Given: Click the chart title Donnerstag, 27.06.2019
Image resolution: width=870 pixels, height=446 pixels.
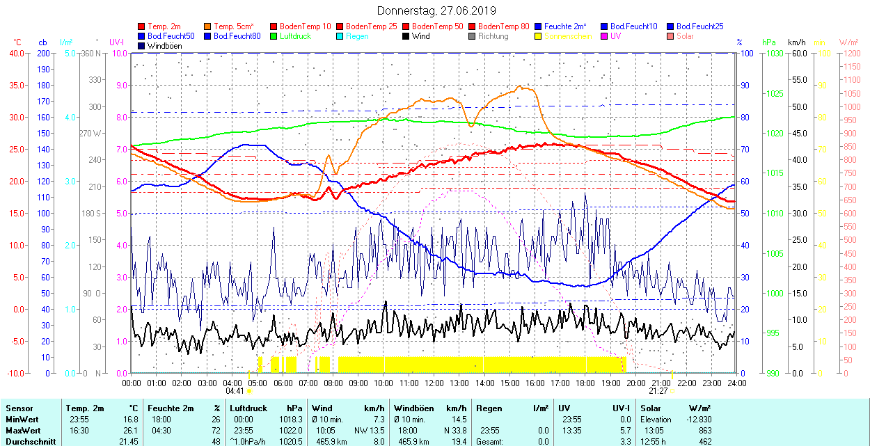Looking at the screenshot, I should [x=436, y=10].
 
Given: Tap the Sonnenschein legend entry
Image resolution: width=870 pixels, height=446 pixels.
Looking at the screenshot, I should [x=568, y=36].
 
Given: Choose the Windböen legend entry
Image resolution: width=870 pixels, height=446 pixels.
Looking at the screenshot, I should [x=166, y=46].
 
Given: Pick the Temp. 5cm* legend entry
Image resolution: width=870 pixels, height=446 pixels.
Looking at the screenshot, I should [x=233, y=26].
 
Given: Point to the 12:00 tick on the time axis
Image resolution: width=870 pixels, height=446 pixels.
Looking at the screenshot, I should [x=434, y=383].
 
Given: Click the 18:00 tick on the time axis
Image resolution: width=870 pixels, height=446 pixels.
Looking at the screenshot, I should [x=585, y=383].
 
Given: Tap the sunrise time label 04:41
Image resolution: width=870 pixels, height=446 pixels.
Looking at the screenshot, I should [x=235, y=392].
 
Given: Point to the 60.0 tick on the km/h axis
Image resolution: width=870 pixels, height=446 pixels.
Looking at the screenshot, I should [x=798, y=54].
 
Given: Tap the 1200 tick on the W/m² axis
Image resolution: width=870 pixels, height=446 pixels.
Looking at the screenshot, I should [x=851, y=54].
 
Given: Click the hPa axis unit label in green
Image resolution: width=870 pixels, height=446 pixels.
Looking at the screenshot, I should [x=769, y=42].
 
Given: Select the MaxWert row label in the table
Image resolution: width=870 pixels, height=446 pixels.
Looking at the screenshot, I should [x=22, y=431].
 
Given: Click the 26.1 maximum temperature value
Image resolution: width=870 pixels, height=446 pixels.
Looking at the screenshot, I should [x=130, y=431].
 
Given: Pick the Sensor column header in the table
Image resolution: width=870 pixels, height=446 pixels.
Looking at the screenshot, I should [x=19, y=408].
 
